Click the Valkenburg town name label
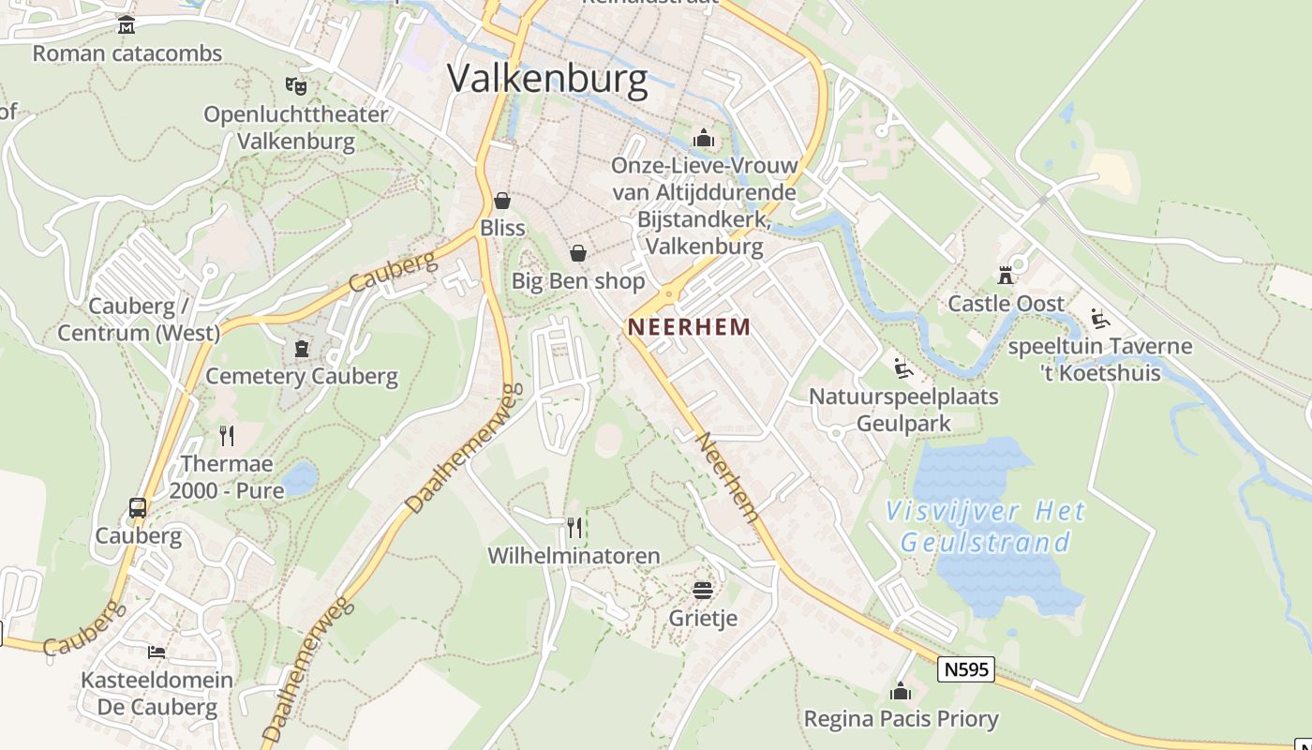(547, 79)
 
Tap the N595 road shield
(965, 669)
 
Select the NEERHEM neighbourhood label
(690, 327)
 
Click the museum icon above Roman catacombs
(127, 25)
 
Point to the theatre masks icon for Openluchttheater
(296, 86)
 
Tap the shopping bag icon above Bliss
(502, 201)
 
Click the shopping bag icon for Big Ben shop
(578, 253)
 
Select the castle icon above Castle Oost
(1006, 276)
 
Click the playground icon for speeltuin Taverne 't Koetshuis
(1100, 319)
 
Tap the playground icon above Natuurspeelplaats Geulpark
(903, 368)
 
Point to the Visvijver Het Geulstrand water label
(986, 526)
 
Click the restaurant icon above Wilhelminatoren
(574, 528)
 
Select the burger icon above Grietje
(703, 590)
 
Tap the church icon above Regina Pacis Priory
(901, 692)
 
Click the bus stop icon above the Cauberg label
(138, 508)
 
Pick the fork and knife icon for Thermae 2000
(227, 435)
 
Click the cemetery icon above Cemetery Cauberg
(302, 349)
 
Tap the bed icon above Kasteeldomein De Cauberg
(157, 652)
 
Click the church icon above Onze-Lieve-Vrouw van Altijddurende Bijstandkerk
(703, 139)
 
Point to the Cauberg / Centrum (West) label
(139, 319)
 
